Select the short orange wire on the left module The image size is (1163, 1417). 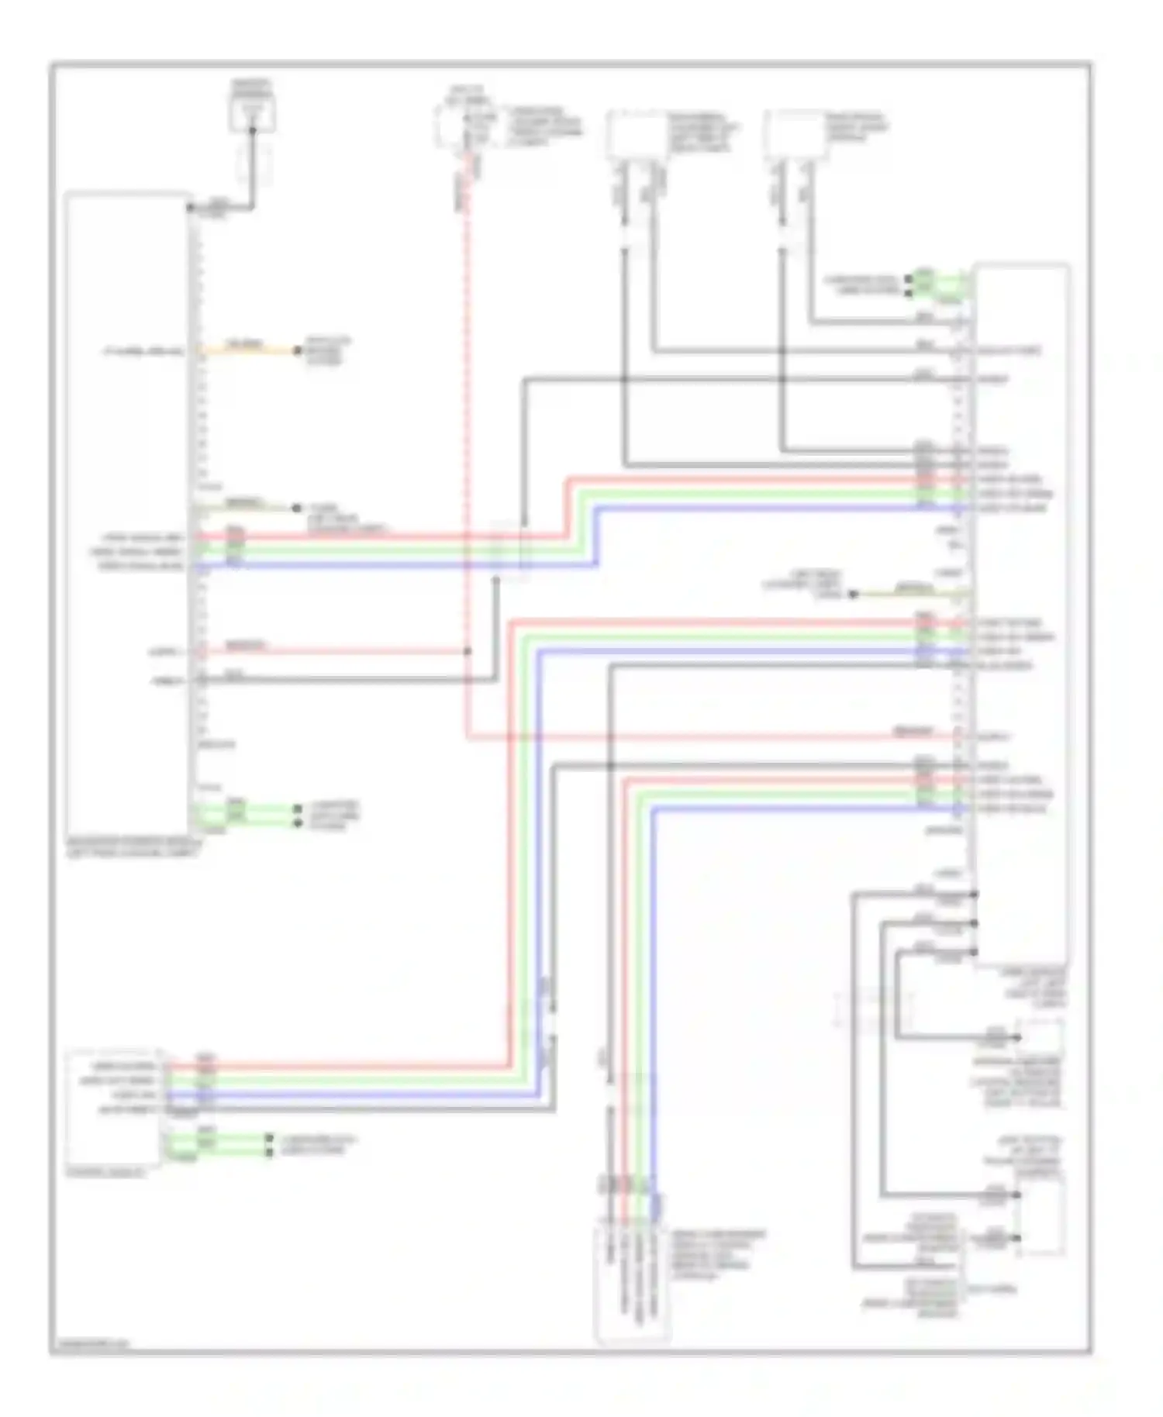[x=248, y=350]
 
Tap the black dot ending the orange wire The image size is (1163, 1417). [x=297, y=351]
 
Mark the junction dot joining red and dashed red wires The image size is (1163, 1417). [x=468, y=651]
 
